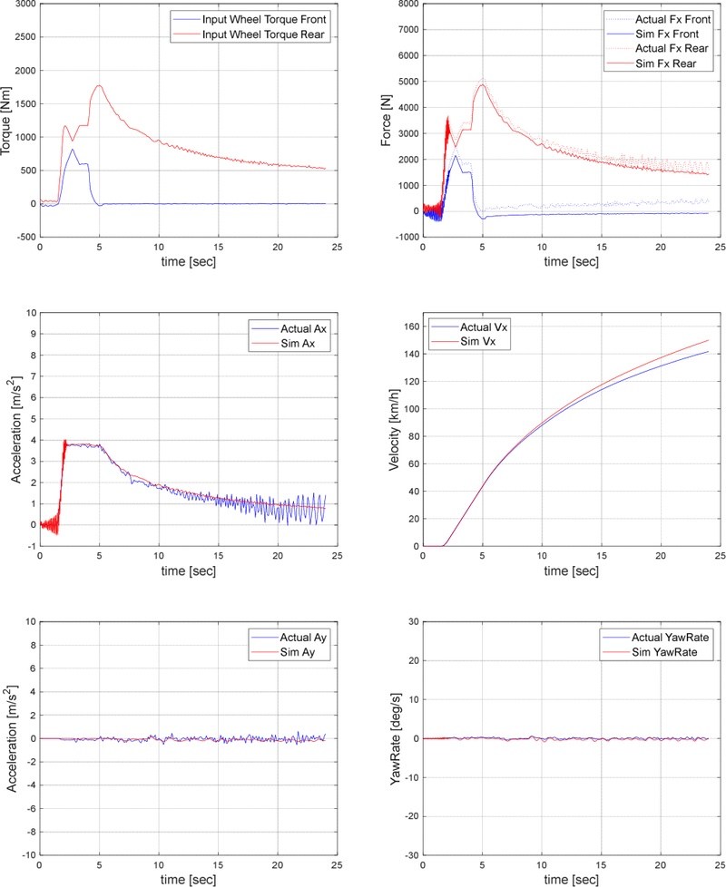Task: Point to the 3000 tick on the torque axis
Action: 24,5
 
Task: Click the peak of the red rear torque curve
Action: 99,86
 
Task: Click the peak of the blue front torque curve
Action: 73,150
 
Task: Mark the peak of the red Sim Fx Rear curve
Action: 483,84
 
